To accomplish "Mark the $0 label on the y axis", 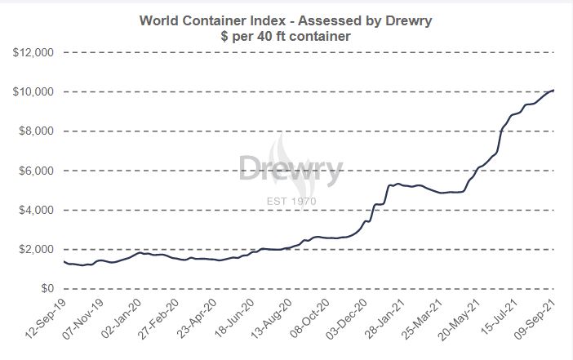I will [49, 289].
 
